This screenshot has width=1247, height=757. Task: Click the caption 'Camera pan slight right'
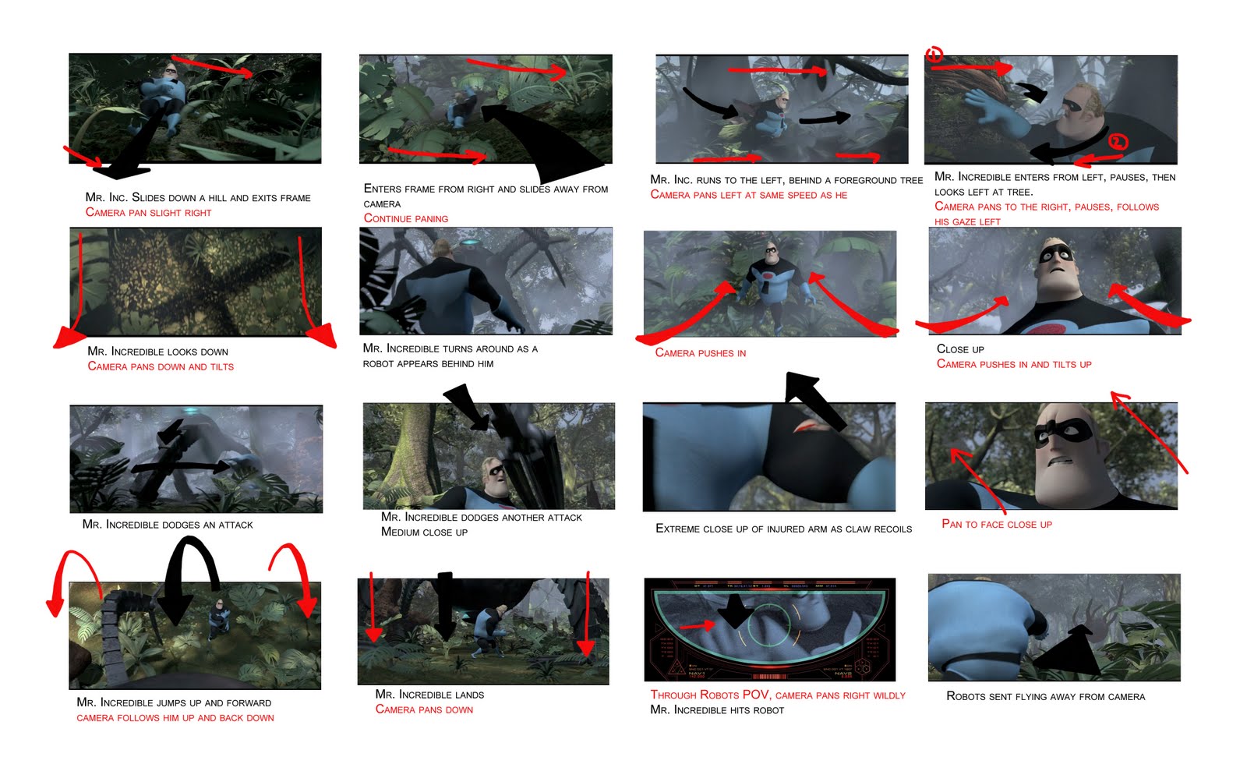click(148, 213)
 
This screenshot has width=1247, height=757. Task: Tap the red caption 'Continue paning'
click(405, 219)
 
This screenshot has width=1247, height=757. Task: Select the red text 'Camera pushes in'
click(700, 353)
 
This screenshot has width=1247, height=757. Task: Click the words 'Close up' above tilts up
click(960, 349)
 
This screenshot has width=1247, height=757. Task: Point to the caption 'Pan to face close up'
click(996, 525)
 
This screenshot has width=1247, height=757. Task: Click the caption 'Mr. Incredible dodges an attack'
click(168, 525)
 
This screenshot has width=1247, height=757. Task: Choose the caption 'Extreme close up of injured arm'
click(783, 529)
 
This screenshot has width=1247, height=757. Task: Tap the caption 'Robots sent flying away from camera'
click(1045, 696)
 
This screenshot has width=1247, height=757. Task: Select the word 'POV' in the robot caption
click(755, 695)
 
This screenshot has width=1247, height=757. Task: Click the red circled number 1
click(934, 54)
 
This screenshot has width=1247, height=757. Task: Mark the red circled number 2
click(1118, 142)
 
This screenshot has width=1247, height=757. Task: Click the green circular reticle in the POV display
click(769, 624)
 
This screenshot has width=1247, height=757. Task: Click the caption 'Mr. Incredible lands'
click(429, 695)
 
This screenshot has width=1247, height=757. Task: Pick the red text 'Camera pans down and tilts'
click(161, 366)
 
